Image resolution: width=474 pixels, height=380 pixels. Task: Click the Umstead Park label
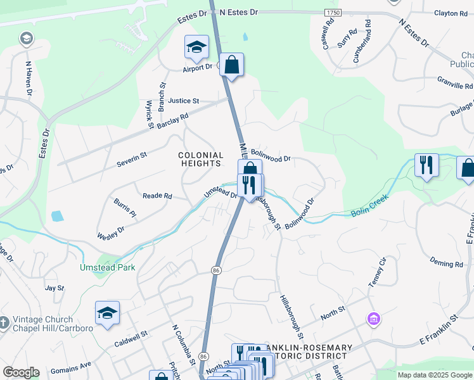pyautogui.click(x=108, y=267)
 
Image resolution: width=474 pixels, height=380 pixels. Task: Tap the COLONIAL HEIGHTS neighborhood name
pyautogui.click(x=201, y=159)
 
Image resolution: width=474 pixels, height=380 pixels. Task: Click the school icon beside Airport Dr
pyautogui.click(x=196, y=47)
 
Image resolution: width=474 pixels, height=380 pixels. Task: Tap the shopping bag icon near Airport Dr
pyautogui.click(x=232, y=65)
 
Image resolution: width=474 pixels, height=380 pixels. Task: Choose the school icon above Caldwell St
pyautogui.click(x=107, y=313)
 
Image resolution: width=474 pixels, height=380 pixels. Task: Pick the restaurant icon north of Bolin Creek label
pyautogui.click(x=426, y=165)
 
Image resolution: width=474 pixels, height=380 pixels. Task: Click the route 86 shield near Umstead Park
pyautogui.click(x=216, y=270)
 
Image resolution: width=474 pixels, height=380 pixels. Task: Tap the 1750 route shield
pyautogui.click(x=332, y=13)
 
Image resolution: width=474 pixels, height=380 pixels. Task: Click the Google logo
pyautogui.click(x=21, y=372)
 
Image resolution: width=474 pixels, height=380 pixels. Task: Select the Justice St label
pyautogui.click(x=184, y=101)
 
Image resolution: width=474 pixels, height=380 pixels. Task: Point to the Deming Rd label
pyautogui.click(x=446, y=263)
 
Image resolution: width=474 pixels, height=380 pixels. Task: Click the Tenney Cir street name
pyautogui.click(x=377, y=276)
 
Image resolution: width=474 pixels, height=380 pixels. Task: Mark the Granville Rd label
pyautogui.click(x=455, y=83)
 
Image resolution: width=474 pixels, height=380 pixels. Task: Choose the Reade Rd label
pyautogui.click(x=157, y=196)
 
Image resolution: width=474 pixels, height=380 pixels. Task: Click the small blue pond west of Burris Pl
pyautogui.click(x=57, y=215)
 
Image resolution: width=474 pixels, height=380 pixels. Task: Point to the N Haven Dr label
pyautogui.click(x=29, y=79)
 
